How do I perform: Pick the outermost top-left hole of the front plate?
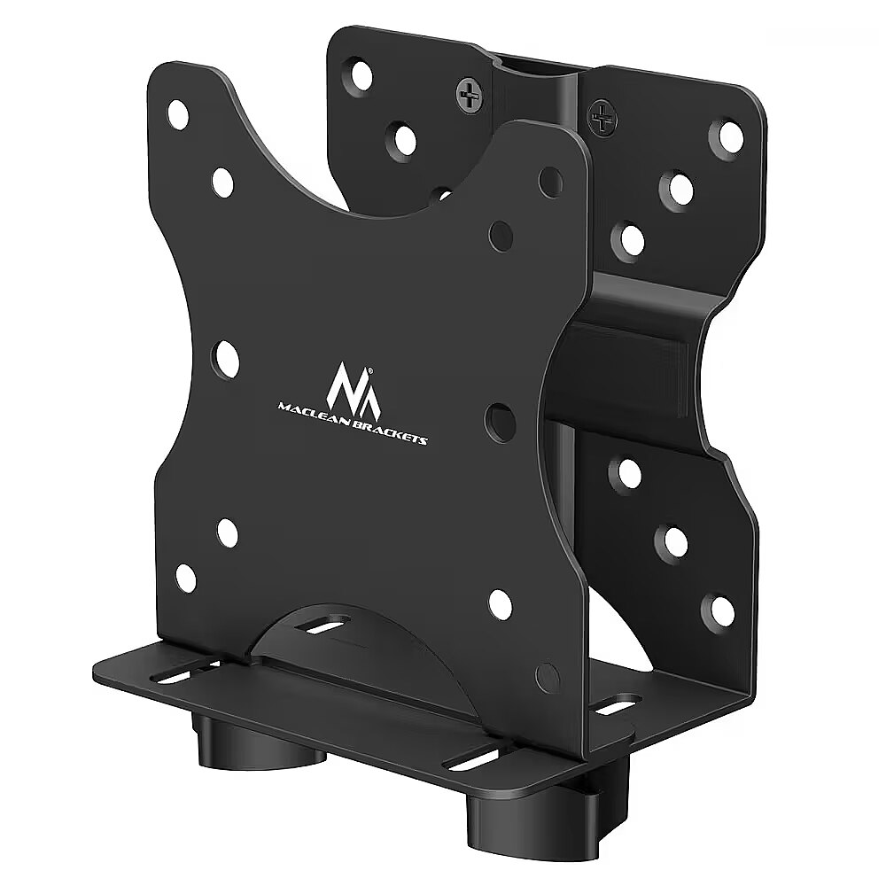point(179,114)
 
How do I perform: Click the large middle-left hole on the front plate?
point(225,360)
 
